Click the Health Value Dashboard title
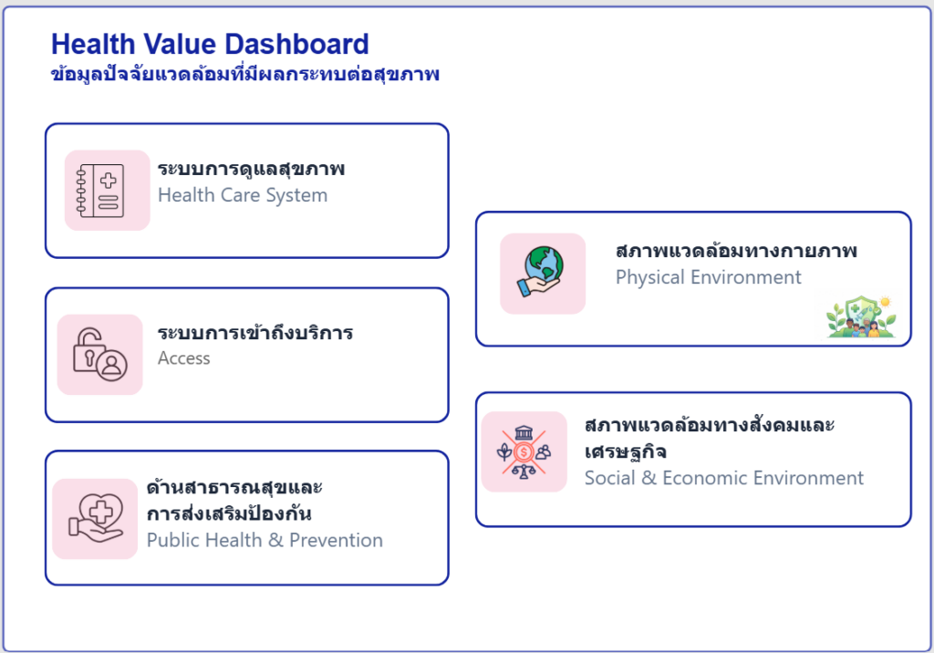(210, 44)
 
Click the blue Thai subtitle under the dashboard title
(244, 75)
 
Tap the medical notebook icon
(100, 190)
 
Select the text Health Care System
(243, 195)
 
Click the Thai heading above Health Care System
(251, 169)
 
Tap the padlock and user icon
(100, 355)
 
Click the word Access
(184, 358)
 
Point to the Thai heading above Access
(255, 332)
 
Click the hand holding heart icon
(95, 518)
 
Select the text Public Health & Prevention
(265, 540)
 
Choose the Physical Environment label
(708, 277)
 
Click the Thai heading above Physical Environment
(736, 251)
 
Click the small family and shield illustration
(861, 316)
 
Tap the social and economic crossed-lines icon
(524, 452)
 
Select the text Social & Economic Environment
(723, 478)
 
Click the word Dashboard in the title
(296, 44)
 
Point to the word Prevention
(336, 540)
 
